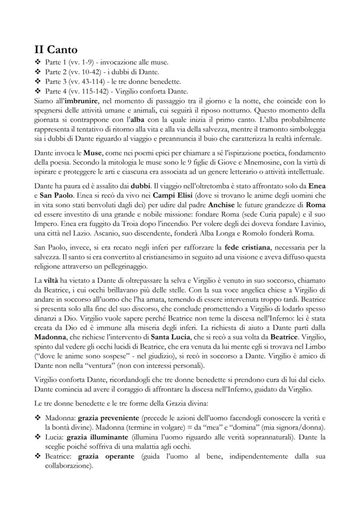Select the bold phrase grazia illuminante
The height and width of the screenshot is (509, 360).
click(x=97, y=436)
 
